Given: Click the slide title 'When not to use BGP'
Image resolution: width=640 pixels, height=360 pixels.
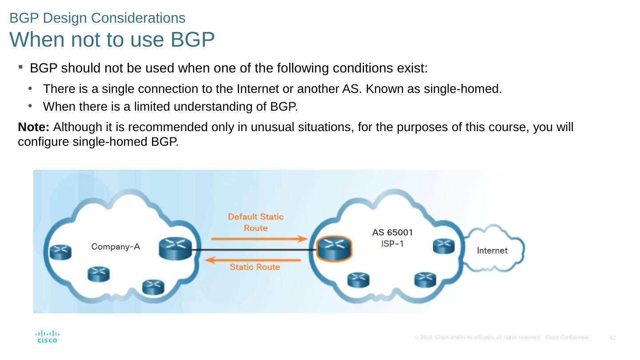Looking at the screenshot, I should [112, 40].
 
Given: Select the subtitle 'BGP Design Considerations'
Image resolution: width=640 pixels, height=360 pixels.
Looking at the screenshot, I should [97, 18].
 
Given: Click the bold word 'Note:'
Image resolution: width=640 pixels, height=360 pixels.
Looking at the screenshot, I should [34, 128].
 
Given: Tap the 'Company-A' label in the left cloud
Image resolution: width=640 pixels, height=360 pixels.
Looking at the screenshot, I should [116, 246].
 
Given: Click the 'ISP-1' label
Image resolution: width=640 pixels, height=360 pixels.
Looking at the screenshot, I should [392, 244].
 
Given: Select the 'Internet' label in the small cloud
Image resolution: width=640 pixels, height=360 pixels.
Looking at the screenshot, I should [492, 251].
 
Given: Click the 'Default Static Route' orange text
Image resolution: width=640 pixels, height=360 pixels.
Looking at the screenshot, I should [256, 222].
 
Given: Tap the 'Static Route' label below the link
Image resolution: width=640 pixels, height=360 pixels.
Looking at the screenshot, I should [255, 267].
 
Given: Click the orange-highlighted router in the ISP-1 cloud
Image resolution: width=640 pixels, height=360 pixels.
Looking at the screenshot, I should [334, 248].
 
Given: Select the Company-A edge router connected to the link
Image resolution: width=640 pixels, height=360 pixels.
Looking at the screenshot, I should [175, 248].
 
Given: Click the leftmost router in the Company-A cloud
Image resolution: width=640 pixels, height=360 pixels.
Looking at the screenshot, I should [60, 252].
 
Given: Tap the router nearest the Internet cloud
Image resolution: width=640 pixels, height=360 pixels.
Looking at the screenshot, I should [444, 246].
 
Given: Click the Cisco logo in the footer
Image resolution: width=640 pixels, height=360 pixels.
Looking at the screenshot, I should [47, 336].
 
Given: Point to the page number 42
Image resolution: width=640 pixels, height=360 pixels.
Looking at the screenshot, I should [612, 339].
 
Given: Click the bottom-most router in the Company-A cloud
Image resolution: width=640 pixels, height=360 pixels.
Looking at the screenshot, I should [153, 287].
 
